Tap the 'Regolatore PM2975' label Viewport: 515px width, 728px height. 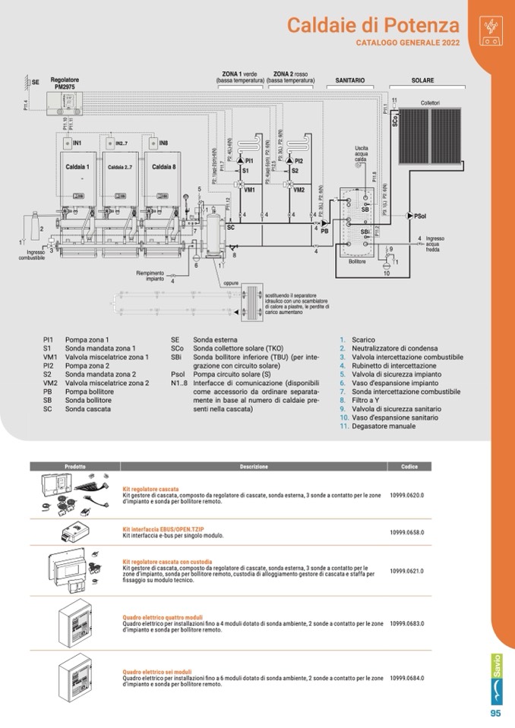click(65, 83)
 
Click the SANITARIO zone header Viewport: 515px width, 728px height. click(350, 79)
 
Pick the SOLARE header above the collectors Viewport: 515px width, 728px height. click(423, 79)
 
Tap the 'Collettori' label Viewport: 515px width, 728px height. click(430, 103)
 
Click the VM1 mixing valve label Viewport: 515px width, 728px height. click(248, 190)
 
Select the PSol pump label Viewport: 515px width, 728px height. click(419, 216)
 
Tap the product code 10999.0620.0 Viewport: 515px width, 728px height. click(406, 495)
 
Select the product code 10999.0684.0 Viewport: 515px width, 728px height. click(406, 678)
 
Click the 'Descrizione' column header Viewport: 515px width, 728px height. click(254, 466)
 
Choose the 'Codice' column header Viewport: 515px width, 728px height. click(409, 466)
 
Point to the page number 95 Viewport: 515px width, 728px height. click(495, 713)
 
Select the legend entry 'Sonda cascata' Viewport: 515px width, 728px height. click(87, 408)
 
